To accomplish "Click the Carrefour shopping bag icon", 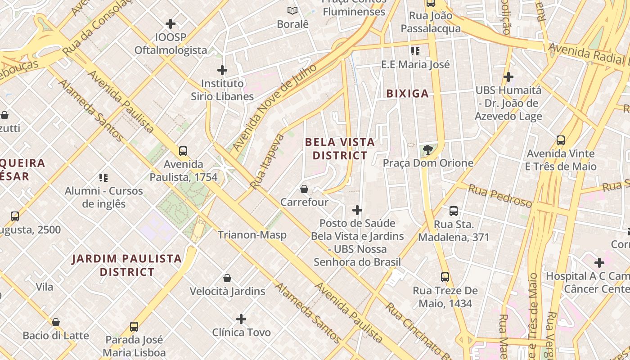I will tap(304, 189).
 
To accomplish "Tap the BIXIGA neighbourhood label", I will tap(407, 94).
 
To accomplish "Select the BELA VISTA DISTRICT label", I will tap(340, 149).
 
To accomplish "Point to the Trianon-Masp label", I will tap(252, 235).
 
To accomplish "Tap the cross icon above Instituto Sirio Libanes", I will tap(222, 70).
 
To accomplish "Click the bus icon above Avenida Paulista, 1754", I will tap(183, 151).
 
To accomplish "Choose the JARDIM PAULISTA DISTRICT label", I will tap(127, 265).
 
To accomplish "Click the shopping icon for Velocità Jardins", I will tap(227, 278).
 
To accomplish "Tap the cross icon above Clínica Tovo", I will tap(241, 319).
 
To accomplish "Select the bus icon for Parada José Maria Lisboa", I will tap(134, 326).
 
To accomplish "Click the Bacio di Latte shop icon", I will tap(56, 322).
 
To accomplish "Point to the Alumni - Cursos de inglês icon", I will tap(103, 178).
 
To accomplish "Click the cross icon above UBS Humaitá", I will tap(508, 77).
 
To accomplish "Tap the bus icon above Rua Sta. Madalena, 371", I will tap(454, 211).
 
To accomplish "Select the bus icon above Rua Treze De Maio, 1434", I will tap(445, 277).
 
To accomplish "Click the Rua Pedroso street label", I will tap(500, 196).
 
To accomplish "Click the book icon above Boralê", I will tap(292, 10).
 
